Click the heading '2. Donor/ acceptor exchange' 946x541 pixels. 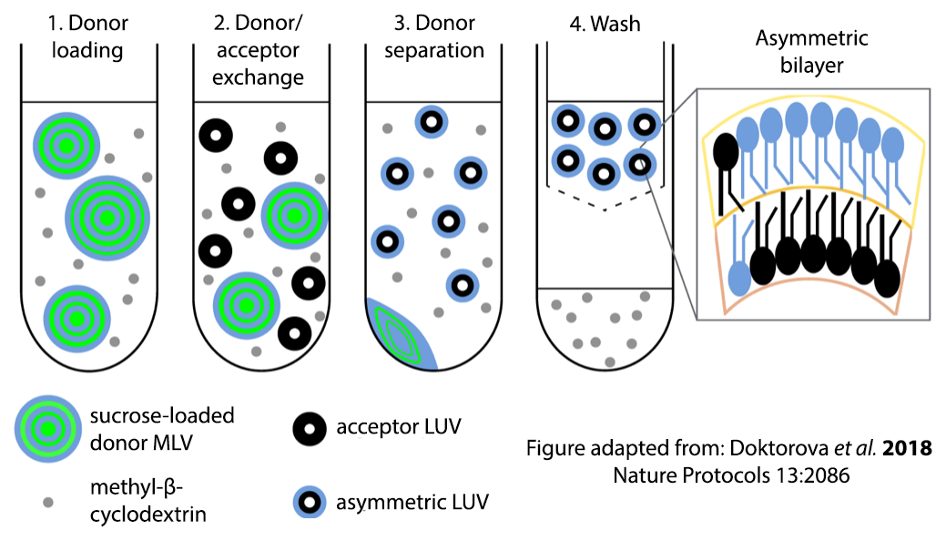point(258,49)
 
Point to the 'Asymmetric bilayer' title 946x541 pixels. point(811,51)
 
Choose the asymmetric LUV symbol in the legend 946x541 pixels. point(310,500)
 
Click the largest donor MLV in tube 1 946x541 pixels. point(107,217)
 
